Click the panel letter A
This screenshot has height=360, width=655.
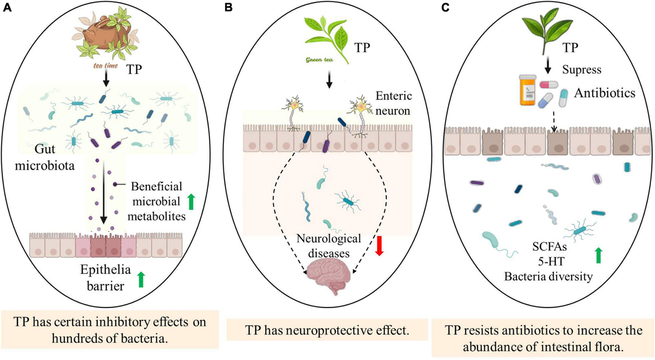7,8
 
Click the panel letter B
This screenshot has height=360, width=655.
228,8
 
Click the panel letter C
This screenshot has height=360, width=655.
445,8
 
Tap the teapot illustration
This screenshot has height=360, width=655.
106,32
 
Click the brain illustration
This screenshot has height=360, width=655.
329,277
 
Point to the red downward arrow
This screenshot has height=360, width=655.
379,245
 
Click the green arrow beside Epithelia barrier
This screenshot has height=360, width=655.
141,279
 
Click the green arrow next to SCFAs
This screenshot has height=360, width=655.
599,255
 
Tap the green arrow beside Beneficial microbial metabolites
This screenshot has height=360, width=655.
191,202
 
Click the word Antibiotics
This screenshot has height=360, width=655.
604,93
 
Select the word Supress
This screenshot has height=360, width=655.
582,70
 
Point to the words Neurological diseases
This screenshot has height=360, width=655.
329,246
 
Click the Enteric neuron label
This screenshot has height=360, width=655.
394,103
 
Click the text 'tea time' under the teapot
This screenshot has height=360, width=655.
105,66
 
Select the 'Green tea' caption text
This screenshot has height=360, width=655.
319,60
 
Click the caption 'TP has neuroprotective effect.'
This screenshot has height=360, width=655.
326,330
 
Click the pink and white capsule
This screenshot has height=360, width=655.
549,85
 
